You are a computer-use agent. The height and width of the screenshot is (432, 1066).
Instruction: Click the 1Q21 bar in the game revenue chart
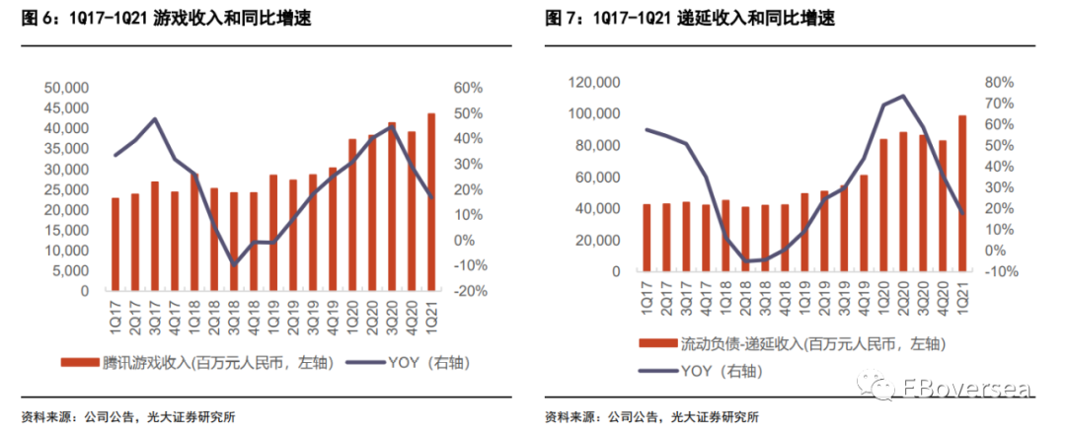click(431, 202)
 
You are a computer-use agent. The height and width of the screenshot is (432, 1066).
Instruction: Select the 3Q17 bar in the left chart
click(155, 237)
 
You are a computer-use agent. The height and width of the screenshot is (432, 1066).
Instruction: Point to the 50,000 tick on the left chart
click(67, 88)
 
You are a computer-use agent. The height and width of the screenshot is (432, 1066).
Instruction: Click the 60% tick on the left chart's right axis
click(469, 88)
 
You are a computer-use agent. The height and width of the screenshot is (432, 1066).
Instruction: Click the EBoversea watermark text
click(964, 387)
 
